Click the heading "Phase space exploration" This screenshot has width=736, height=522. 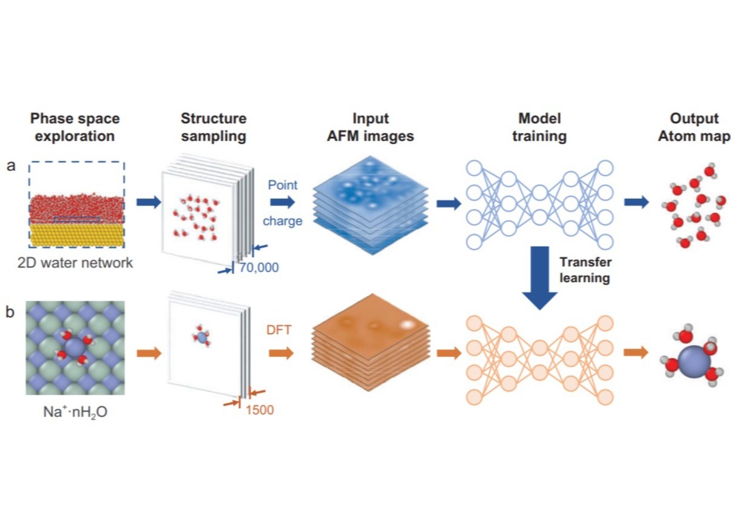pyautogui.click(x=75, y=127)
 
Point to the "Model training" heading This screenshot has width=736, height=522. pyautogui.click(x=539, y=127)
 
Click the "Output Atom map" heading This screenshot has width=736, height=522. pyautogui.click(x=694, y=127)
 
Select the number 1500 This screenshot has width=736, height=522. pyautogui.click(x=260, y=410)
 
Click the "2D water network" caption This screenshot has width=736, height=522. pyautogui.click(x=76, y=263)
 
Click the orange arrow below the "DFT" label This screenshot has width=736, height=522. pyautogui.click(x=281, y=352)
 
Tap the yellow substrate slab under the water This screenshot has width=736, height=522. pyautogui.click(x=76, y=235)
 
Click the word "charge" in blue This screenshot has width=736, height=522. pyautogui.click(x=282, y=221)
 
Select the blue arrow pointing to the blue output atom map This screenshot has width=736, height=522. pyautogui.click(x=636, y=202)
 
